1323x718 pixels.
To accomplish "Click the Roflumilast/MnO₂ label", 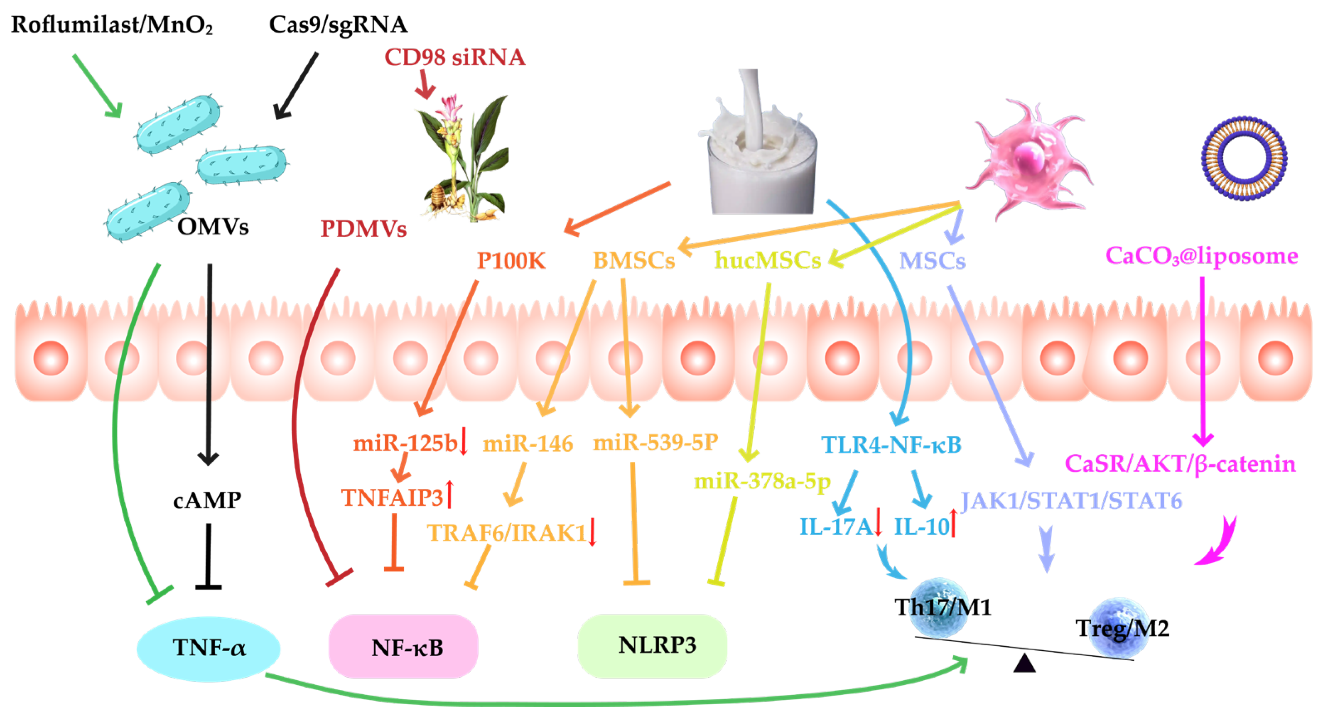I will [x=112, y=25].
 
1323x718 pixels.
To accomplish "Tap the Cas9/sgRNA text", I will [x=338, y=25].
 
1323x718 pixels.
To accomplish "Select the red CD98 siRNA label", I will [x=454, y=57].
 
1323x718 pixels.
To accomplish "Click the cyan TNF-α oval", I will [x=209, y=648].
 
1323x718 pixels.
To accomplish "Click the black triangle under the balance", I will [x=1024, y=664].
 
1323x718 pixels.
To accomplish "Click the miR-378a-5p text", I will [x=762, y=481].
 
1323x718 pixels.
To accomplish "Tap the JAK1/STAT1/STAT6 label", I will [x=1071, y=501].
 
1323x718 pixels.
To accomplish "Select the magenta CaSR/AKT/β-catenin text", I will [x=1180, y=464].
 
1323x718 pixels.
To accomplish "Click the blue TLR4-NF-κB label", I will [x=891, y=445].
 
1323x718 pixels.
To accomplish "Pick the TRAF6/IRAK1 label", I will [x=506, y=533].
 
